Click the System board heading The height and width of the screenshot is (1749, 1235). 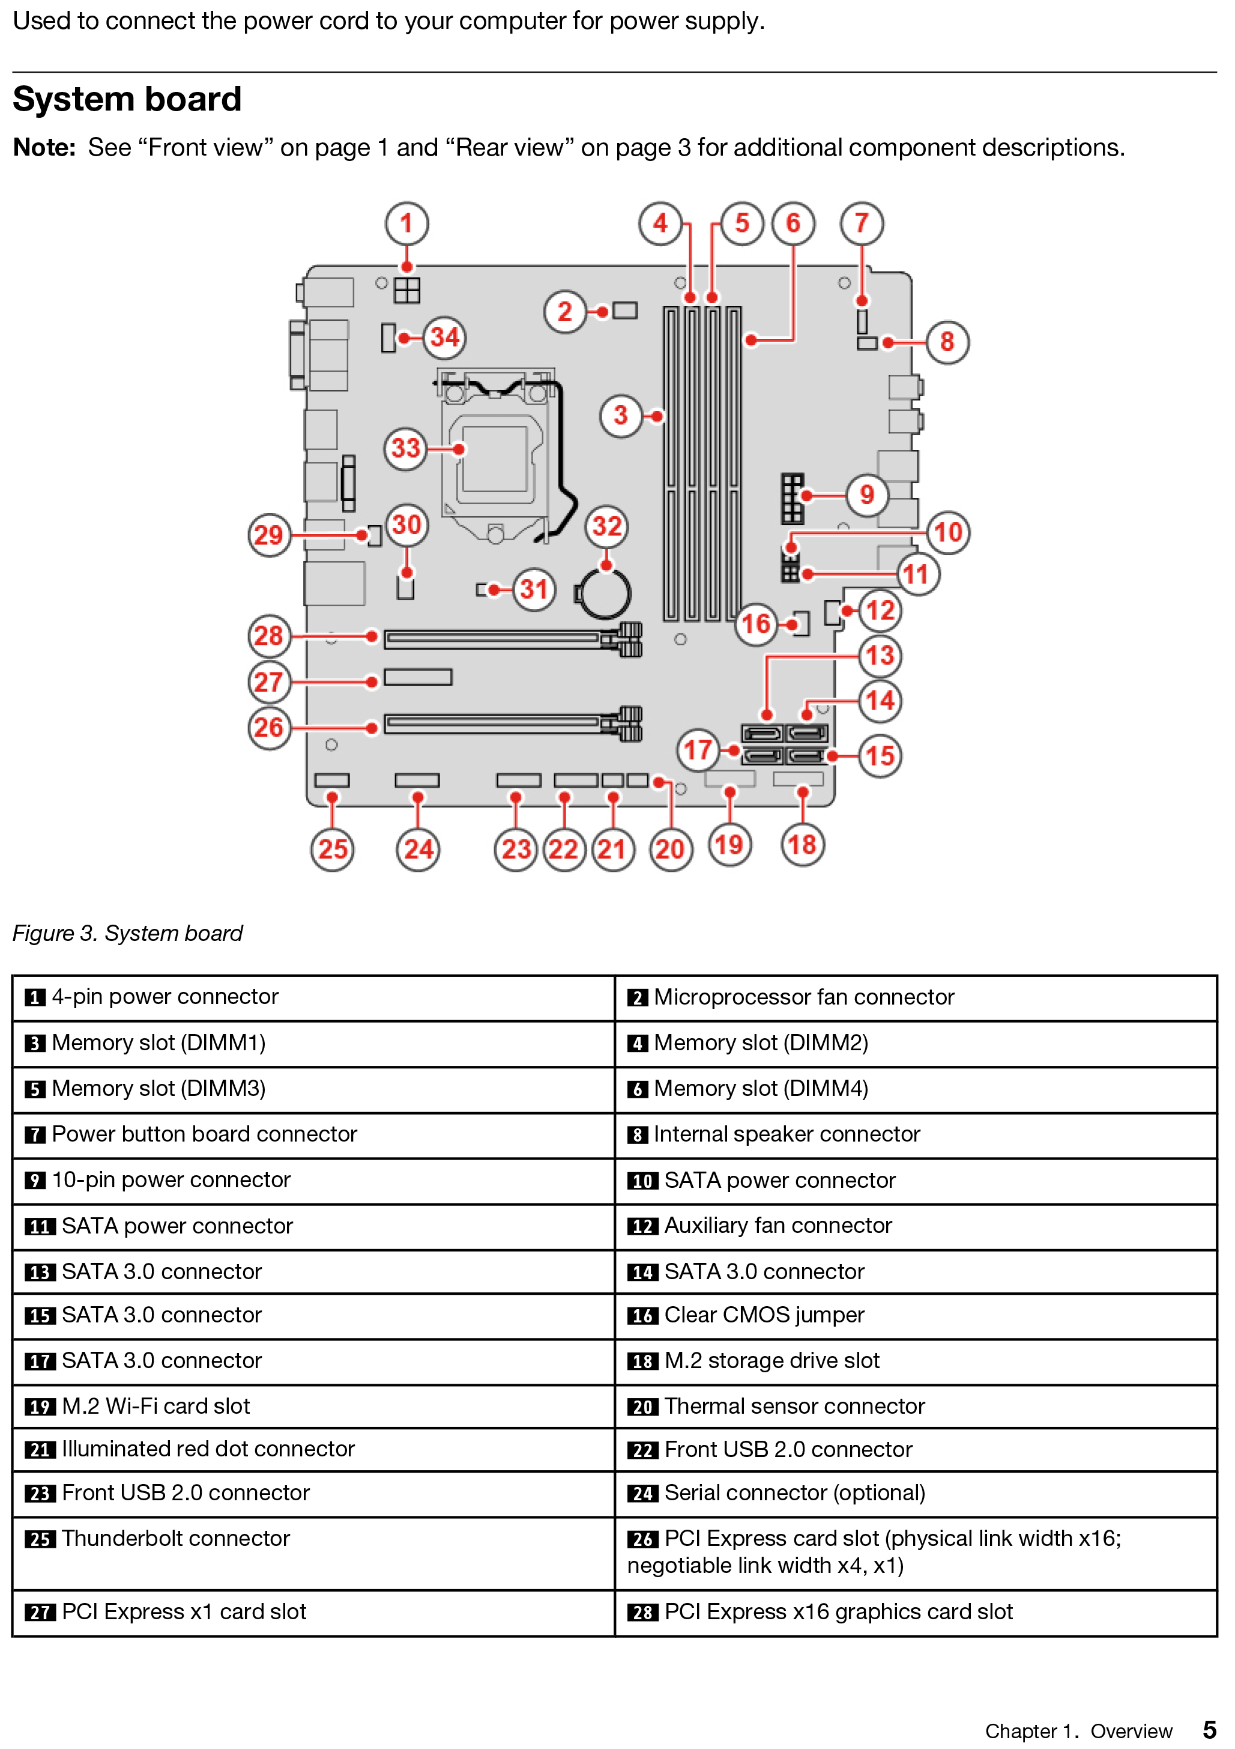tap(127, 100)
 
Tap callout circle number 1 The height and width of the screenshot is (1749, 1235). tap(406, 223)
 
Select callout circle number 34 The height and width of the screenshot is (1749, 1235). tap(445, 336)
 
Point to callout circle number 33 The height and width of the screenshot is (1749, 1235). tap(406, 448)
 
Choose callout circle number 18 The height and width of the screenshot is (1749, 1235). tap(803, 844)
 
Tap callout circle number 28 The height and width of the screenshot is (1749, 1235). tap(269, 635)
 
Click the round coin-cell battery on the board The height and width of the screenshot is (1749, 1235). tap(605, 594)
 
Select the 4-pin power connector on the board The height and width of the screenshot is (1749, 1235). tap(407, 290)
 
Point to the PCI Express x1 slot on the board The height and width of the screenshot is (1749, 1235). tap(418, 677)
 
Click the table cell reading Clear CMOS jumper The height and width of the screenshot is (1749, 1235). tap(764, 1315)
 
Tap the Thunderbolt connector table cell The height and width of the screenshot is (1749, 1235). tap(176, 1538)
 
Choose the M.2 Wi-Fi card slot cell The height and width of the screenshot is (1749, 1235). tap(156, 1405)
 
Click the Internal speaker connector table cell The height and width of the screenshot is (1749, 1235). tap(787, 1134)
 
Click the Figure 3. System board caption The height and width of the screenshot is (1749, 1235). tap(127, 933)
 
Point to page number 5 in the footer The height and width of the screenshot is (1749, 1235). tap(1209, 1729)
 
